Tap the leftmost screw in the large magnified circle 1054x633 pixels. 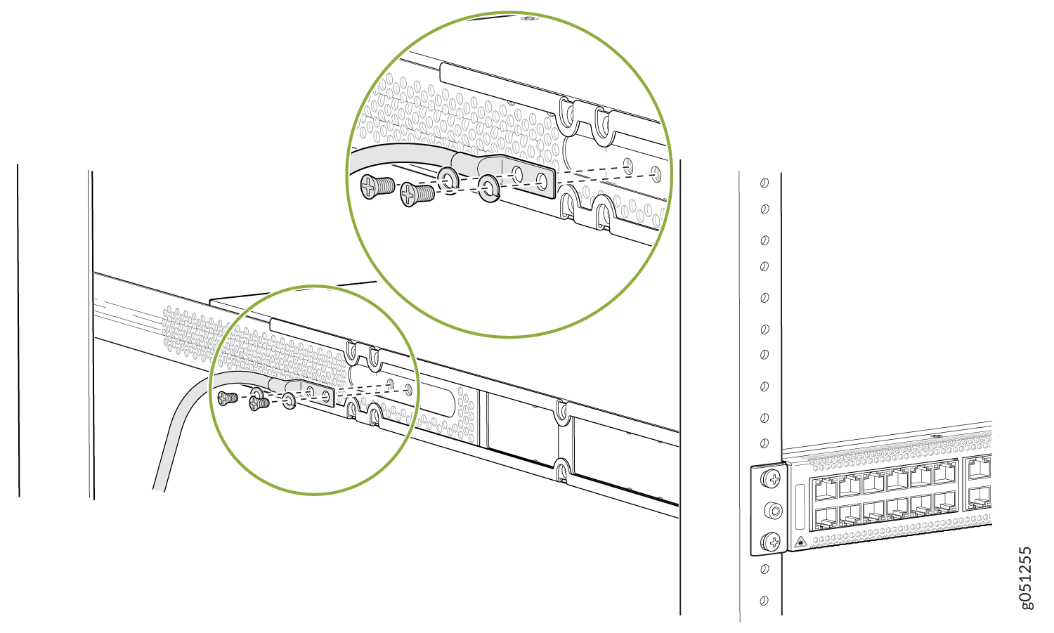pos(377,186)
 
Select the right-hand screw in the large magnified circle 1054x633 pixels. pos(417,194)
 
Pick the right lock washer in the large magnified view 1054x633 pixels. pos(489,188)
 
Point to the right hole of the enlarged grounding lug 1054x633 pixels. pos(542,181)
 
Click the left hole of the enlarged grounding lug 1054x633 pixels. pos(517,174)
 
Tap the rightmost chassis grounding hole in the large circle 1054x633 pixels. pos(656,174)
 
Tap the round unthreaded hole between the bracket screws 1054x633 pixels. pos(773,511)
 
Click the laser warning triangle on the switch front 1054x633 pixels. pos(800,542)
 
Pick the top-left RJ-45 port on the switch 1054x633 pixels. pos(826,488)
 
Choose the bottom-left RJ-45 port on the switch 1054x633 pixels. pos(826,519)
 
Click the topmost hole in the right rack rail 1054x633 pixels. pos(765,183)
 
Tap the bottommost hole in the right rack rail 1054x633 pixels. pos(765,601)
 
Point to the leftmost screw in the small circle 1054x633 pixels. pos(228,398)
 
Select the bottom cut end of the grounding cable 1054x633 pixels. pos(159,490)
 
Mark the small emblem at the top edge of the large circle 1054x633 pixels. pos(530,18)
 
